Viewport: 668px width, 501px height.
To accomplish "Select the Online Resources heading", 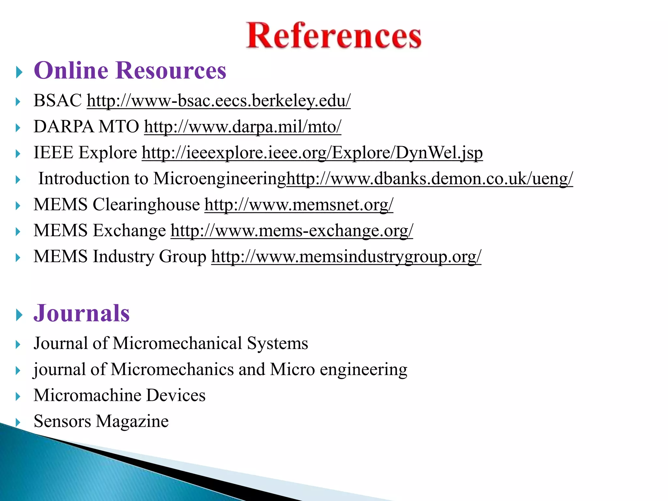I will point(130,70).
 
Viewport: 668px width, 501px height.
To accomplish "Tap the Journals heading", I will point(82,313).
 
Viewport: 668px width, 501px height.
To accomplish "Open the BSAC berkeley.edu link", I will point(219,100).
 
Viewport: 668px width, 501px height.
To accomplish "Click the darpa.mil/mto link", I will point(243,127).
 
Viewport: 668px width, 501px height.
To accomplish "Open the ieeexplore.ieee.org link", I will point(312,153).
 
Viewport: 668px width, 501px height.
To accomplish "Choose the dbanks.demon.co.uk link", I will point(429,179).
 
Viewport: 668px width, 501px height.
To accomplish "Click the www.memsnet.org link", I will point(299,205).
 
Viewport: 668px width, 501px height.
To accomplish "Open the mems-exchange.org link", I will point(292,231).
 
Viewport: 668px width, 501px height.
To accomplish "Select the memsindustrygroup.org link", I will point(346,257).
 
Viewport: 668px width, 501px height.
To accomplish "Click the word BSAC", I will point(58,100).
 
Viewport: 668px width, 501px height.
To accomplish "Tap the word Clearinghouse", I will point(146,205).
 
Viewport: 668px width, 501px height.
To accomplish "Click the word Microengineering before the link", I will point(220,179).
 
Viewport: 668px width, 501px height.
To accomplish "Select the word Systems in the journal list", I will point(277,343).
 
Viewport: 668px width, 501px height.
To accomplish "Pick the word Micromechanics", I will point(172,370).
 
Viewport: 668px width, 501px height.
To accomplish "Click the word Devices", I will point(175,395).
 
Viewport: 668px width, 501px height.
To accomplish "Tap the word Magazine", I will point(132,421).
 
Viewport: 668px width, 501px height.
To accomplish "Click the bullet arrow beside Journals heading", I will point(19,315).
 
